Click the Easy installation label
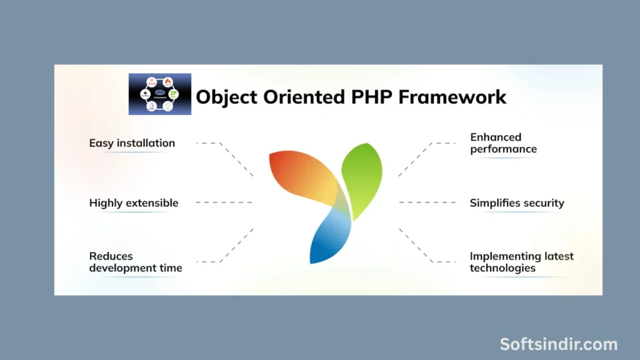pyautogui.click(x=132, y=143)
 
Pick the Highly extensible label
pyautogui.click(x=134, y=203)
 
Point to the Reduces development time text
pyautogui.click(x=136, y=262)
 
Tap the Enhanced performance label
pyautogui.click(x=503, y=143)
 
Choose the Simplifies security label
pyautogui.click(x=517, y=203)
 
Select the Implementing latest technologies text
pyautogui.click(x=521, y=262)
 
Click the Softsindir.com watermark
pyautogui.click(x=558, y=344)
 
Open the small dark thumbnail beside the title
pyautogui.click(x=159, y=94)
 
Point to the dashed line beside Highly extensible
pyautogui.click(x=224, y=202)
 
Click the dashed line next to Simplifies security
pyautogui.click(x=427, y=202)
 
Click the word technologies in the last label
pyautogui.click(x=502, y=268)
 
